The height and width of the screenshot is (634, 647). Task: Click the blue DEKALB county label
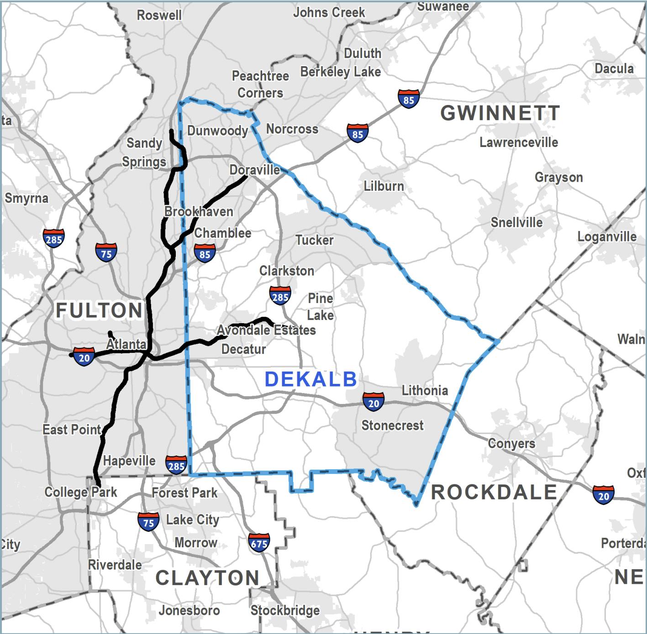pos(311,379)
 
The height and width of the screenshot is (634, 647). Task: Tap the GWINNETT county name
pos(500,113)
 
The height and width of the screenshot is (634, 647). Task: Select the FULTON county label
pos(99,311)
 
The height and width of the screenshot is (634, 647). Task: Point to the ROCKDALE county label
pos(494,493)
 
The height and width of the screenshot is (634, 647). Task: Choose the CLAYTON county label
pos(208,578)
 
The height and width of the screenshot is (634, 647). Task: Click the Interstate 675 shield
pos(259,543)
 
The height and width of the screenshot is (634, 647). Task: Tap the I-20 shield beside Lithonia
pos(373,403)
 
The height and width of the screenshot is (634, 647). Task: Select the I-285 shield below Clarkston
pos(280,297)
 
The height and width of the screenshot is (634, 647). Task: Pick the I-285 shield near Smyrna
pos(54,239)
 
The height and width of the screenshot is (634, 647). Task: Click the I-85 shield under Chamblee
pos(205,254)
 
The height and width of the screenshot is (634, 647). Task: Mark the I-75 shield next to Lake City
pos(148,522)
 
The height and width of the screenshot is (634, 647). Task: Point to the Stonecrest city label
pos(392,425)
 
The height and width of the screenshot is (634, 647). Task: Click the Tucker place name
pos(314,240)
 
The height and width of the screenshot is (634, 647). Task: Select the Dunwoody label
pos(217,131)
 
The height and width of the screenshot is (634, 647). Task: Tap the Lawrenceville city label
pos(518,142)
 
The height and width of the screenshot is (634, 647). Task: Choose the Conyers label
pos(511,443)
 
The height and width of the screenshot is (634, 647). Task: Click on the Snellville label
pos(516,223)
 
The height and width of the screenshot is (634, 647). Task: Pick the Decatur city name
pos(243,349)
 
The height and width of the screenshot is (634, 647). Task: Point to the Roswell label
pos(159,15)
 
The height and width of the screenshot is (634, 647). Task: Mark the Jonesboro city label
pos(189,610)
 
